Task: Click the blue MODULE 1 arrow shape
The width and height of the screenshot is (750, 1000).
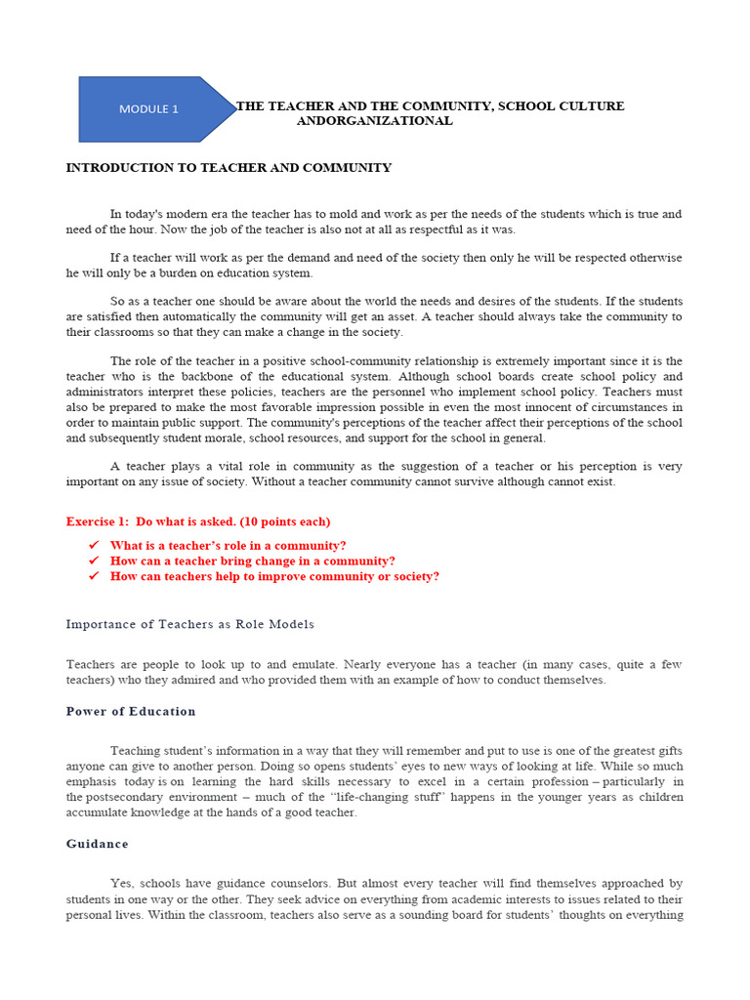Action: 151,109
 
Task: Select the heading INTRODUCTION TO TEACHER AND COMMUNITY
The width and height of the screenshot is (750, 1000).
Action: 229,168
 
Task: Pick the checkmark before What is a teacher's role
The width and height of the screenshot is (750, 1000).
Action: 94,545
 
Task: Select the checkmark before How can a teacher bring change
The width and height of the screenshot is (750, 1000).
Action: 94,561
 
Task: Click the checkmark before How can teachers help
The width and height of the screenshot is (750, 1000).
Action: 94,576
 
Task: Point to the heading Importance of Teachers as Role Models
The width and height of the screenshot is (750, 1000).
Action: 190,624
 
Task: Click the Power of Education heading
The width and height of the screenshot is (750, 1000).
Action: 131,711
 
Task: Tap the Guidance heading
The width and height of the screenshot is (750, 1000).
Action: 97,844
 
